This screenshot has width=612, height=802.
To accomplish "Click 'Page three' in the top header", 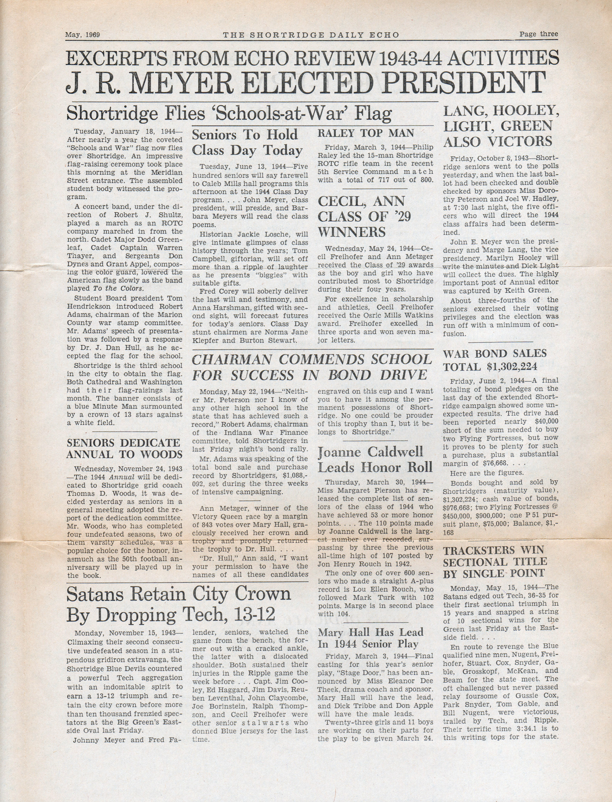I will (538, 34).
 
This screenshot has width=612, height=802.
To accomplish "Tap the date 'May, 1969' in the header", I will (83, 35).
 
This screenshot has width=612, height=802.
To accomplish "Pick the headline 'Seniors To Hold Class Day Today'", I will (247, 142).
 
